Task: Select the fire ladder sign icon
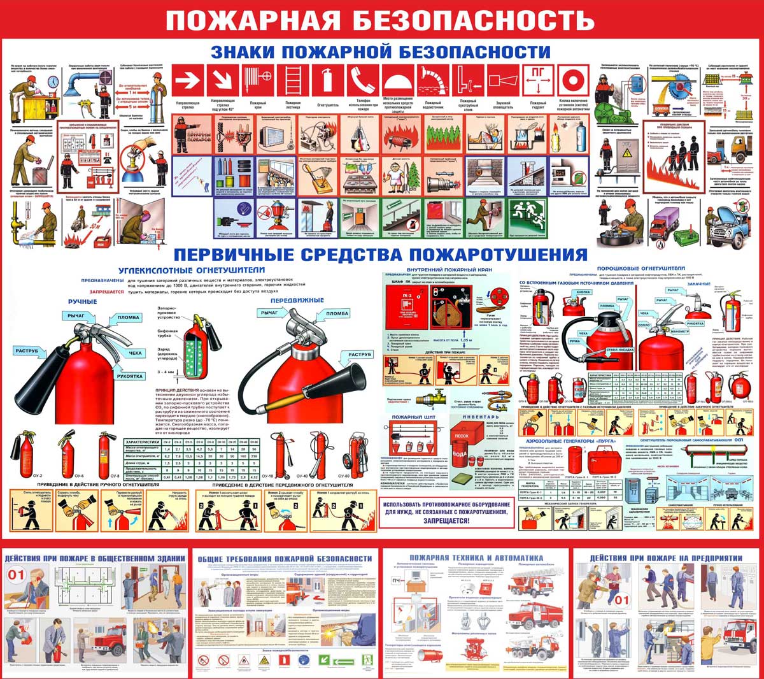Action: pyautogui.click(x=293, y=81)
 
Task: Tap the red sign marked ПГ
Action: pyautogui.click(x=538, y=81)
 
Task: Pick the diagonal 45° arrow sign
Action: pyautogui.click(x=223, y=81)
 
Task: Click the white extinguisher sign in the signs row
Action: pyautogui.click(x=327, y=81)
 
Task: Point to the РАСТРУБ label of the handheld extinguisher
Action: pyautogui.click(x=27, y=351)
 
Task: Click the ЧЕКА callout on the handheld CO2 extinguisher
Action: pyautogui.click(x=136, y=353)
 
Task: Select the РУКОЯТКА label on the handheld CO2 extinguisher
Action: pyautogui.click(x=130, y=376)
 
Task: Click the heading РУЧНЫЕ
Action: pyautogui.click(x=82, y=301)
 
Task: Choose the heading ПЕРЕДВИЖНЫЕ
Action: pyautogui.click(x=297, y=300)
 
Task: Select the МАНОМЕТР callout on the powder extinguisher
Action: pyautogui.click(x=679, y=332)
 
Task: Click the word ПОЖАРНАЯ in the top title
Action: pyautogui.click(x=252, y=20)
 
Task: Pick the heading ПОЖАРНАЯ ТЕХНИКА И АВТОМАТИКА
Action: pyautogui.click(x=476, y=558)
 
